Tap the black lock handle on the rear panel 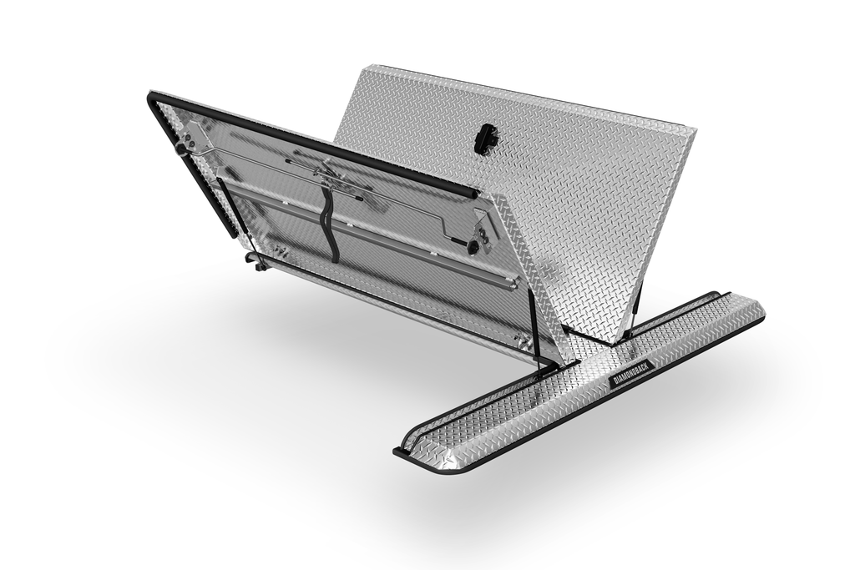click(485, 139)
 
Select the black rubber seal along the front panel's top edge click(317, 143)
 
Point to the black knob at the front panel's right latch click(473, 247)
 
